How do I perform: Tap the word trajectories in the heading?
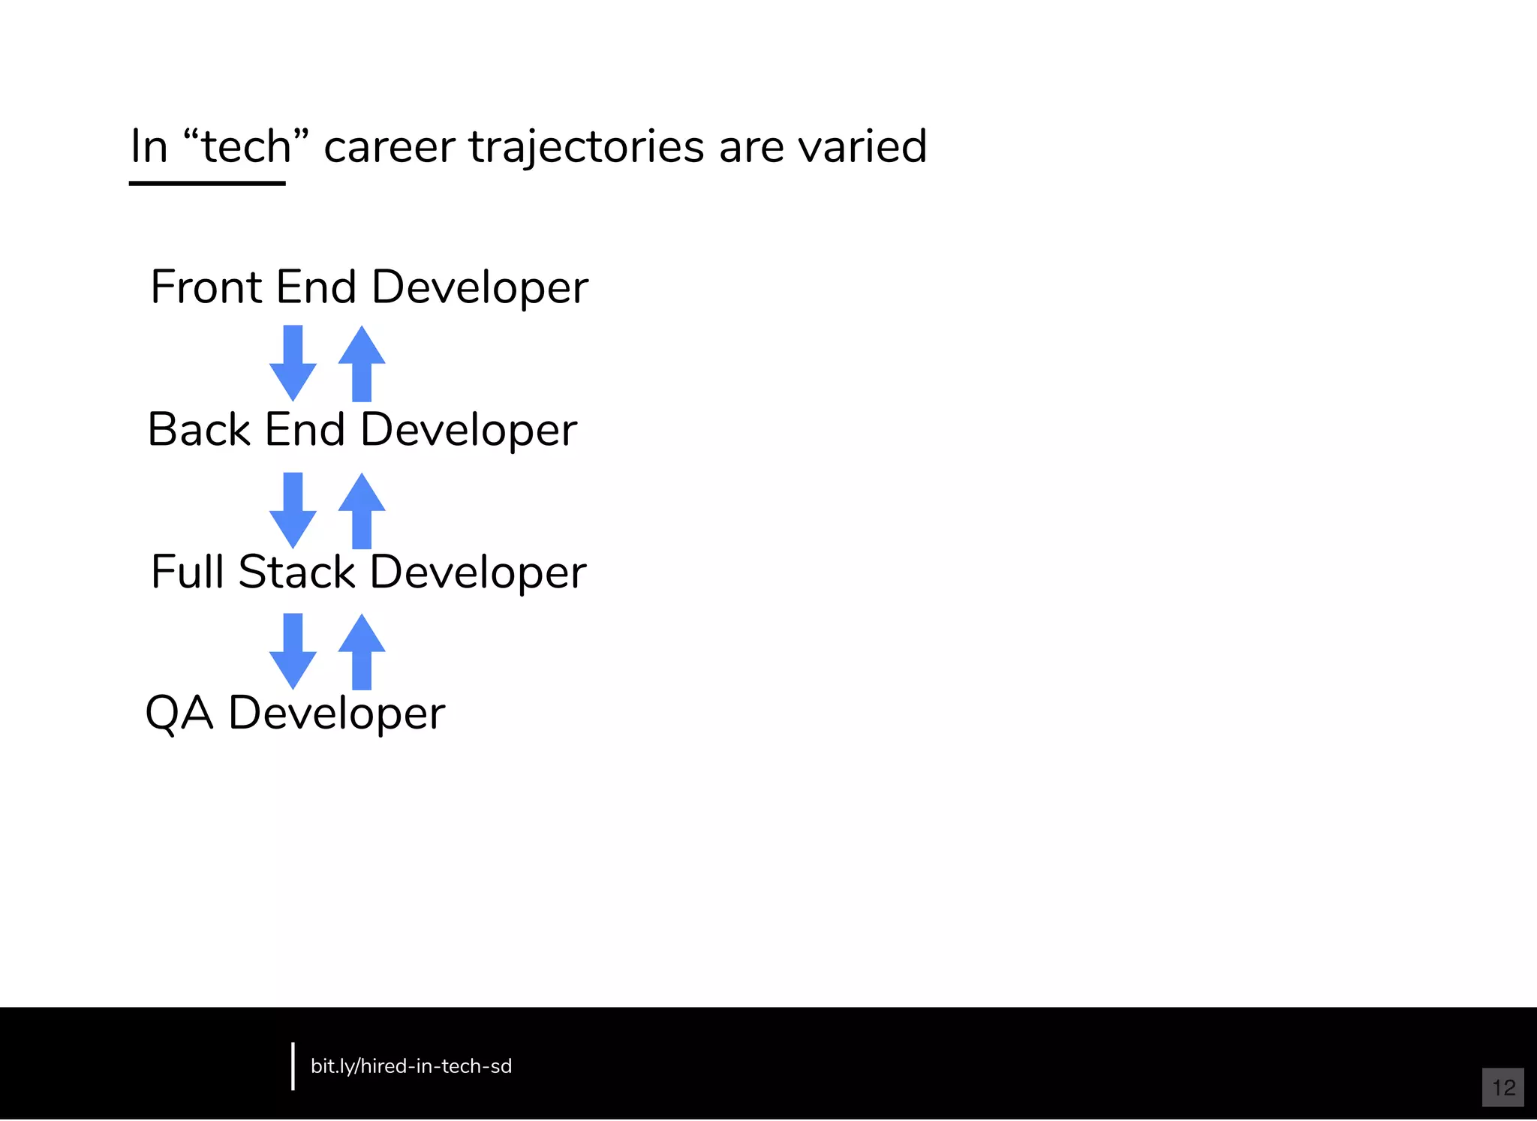pyautogui.click(x=586, y=147)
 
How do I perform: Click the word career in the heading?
pyautogui.click(x=389, y=147)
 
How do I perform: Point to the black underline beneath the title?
pyautogui.click(x=207, y=182)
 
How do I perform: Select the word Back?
pyautogui.click(x=199, y=429)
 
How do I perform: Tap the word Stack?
pyautogui.click(x=297, y=572)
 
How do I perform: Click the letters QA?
pyautogui.click(x=179, y=713)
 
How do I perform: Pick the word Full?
pyautogui.click(x=188, y=572)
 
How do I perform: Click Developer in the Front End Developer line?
pyautogui.click(x=480, y=288)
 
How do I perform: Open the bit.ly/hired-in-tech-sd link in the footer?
pyautogui.click(x=411, y=1066)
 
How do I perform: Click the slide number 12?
pyautogui.click(x=1503, y=1087)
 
